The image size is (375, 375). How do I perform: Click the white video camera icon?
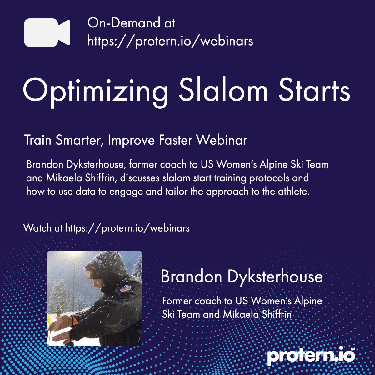[47, 32]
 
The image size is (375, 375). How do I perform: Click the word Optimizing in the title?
[95, 90]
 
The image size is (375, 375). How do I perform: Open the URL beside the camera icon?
[170, 41]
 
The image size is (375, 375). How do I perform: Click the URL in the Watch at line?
[127, 228]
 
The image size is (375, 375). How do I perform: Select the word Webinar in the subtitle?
[222, 140]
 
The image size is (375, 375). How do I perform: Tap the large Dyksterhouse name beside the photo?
[275, 277]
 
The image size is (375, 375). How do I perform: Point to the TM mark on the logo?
[353, 349]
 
